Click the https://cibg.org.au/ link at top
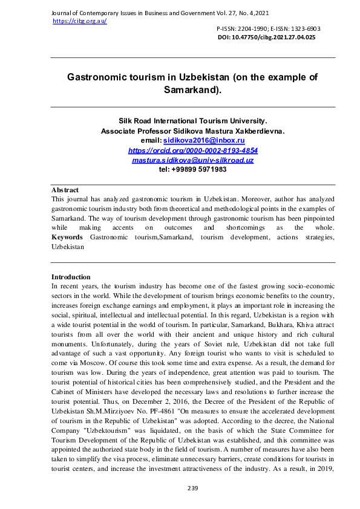(x=80, y=21)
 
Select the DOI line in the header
(x=266, y=37)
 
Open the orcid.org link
(x=193, y=150)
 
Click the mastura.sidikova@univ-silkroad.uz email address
(x=193, y=160)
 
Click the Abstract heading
(x=65, y=190)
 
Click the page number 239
(x=193, y=487)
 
